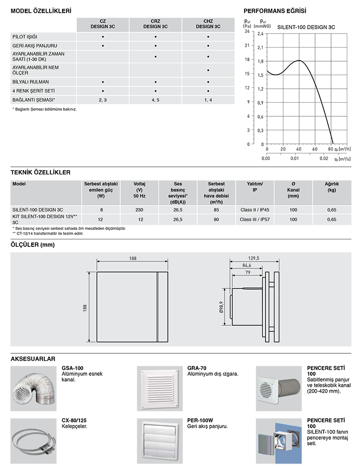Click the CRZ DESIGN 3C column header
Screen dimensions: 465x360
pyautogui.click(x=155, y=24)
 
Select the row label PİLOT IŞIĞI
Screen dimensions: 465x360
pyautogui.click(x=25, y=36)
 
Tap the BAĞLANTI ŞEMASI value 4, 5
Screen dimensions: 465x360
pyautogui.click(x=155, y=100)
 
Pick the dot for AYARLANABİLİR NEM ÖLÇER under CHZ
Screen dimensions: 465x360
pyautogui.click(x=208, y=71)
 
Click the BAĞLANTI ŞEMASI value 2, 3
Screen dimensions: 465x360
pyautogui.click(x=103, y=100)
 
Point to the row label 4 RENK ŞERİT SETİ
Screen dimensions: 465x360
pyautogui.click(x=30, y=91)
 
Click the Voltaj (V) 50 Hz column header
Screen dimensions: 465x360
pyautogui.click(x=139, y=190)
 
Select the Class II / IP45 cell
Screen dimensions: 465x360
pyautogui.click(x=254, y=210)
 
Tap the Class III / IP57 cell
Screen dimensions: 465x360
pyautogui.click(x=254, y=219)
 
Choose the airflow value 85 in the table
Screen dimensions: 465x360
pyautogui.click(x=216, y=210)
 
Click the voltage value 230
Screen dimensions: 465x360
pyautogui.click(x=139, y=210)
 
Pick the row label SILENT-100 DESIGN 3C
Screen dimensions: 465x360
pyautogui.click(x=37, y=210)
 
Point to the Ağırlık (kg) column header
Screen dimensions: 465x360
pyautogui.click(x=331, y=187)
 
